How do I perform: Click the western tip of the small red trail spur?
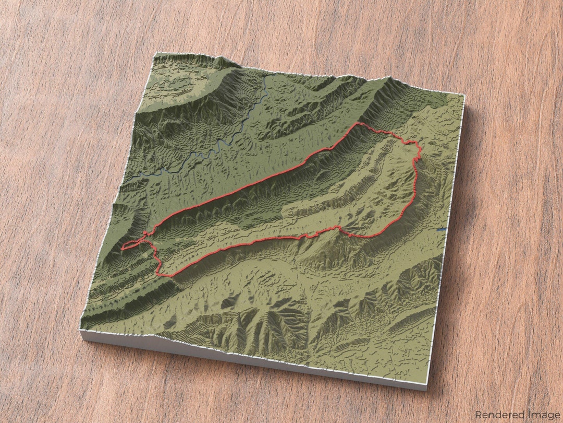pyautogui.click(x=123, y=249)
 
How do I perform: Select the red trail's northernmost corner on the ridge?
pyautogui.click(x=358, y=124)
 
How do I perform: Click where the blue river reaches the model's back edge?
pyautogui.click(x=267, y=77)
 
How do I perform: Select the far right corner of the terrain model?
pyautogui.click(x=463, y=95)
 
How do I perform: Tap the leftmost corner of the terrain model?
pyautogui.click(x=80, y=330)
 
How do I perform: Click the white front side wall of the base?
pyautogui.click(x=250, y=360)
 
